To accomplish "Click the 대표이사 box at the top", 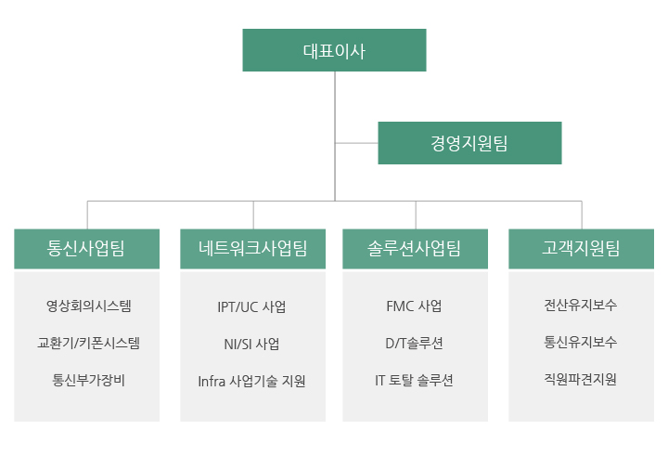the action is point(334,50).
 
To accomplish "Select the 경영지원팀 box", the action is point(469,143).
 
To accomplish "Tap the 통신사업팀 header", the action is point(86,249).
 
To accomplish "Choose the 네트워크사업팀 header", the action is point(252,249).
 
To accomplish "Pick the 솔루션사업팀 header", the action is point(415,249).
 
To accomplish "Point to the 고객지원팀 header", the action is point(581,249).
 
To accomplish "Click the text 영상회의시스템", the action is point(89,306).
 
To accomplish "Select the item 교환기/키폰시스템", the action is point(89,343).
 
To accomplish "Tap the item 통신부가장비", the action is point(89,380).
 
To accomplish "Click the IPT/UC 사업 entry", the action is point(251,306).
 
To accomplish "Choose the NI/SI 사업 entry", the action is point(251,344).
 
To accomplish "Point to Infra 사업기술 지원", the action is point(251,381).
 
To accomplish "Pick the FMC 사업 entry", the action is point(414,306).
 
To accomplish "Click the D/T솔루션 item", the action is point(414,343).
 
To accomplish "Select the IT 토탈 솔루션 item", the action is point(414,380).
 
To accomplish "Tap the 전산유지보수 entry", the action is point(580,305).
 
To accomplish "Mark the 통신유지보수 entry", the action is point(580,342).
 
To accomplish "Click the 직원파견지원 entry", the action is point(580,379).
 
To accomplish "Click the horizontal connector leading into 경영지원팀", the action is point(356,143).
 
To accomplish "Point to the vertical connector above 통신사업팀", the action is point(87,215).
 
